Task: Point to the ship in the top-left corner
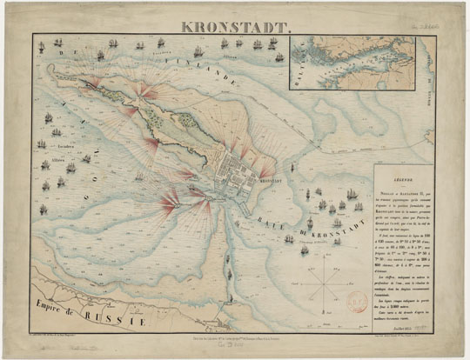tap(58, 43)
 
